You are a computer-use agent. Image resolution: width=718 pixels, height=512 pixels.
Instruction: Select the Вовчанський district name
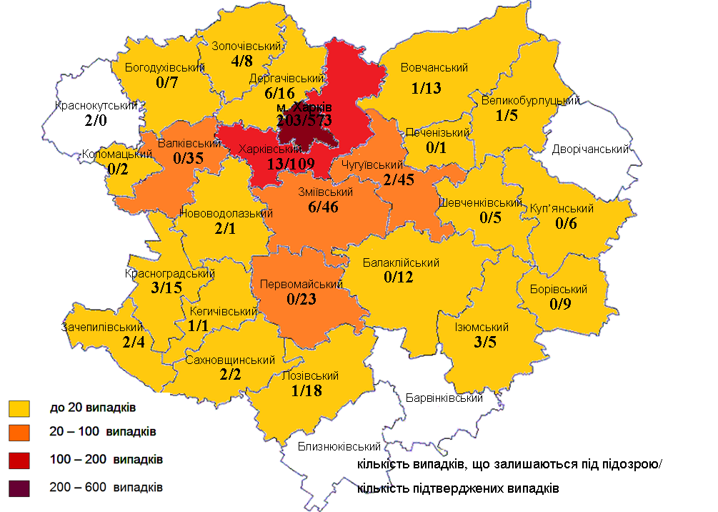coord(434,68)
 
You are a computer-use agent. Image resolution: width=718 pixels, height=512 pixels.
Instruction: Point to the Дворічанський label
coord(590,149)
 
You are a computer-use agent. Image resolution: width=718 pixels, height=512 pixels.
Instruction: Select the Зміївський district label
coord(326,192)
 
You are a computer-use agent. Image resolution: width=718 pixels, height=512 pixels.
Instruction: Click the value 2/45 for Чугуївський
coord(398,179)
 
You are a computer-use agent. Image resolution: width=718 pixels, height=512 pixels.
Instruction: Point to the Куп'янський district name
coord(562,209)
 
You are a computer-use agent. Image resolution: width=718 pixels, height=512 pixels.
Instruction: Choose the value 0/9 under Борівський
coord(558,303)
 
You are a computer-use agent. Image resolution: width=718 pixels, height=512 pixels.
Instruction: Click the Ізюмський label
coord(481,328)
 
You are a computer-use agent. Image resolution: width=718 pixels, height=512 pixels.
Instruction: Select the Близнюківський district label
coord(339,447)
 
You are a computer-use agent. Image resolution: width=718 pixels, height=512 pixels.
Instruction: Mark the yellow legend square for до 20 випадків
coord(19,408)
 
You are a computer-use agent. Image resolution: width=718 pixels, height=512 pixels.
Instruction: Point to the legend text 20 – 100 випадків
coord(103,432)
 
